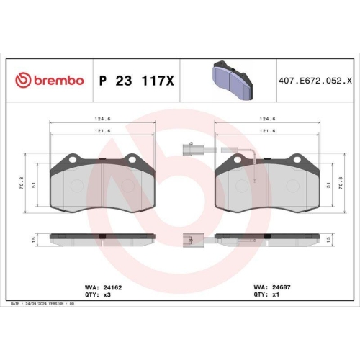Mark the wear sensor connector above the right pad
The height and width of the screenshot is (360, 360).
click(192, 150)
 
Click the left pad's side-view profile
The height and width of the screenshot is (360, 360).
click(103, 236)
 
